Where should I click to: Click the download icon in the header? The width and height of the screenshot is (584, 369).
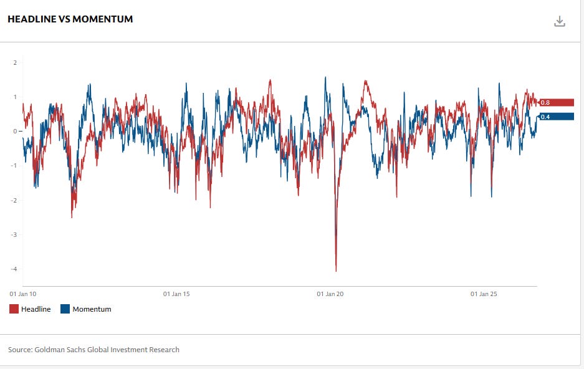(x=560, y=22)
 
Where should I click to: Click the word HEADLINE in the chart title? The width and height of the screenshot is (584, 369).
(x=32, y=19)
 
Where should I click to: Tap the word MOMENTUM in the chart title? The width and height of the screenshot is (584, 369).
(x=102, y=19)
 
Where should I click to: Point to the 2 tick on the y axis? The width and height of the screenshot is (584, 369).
(x=15, y=62)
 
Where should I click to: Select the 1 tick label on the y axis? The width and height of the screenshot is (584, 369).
(x=15, y=97)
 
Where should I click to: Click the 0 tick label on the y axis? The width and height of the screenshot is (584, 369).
(x=15, y=131)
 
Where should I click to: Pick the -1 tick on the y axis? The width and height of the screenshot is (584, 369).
(x=14, y=166)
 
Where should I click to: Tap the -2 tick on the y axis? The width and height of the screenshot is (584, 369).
(x=14, y=200)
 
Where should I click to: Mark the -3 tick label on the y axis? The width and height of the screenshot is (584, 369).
(x=14, y=234)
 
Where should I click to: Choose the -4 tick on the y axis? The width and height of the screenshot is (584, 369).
(x=14, y=269)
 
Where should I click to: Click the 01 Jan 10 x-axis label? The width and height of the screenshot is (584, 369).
(x=23, y=294)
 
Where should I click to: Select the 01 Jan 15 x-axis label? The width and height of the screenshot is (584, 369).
(x=176, y=294)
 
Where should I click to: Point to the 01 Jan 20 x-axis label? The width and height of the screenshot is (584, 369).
(x=330, y=294)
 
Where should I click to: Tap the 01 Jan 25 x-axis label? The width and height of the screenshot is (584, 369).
(x=484, y=294)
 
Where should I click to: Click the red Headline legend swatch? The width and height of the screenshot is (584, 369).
(x=14, y=309)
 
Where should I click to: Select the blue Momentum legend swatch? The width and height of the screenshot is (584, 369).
(x=65, y=309)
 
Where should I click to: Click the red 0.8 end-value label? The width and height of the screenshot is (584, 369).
(x=557, y=102)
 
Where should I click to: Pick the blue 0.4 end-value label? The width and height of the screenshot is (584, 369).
(x=557, y=117)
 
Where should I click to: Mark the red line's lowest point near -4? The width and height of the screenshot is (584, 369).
(x=336, y=271)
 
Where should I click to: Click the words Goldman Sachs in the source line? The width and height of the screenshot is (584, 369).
(x=60, y=350)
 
